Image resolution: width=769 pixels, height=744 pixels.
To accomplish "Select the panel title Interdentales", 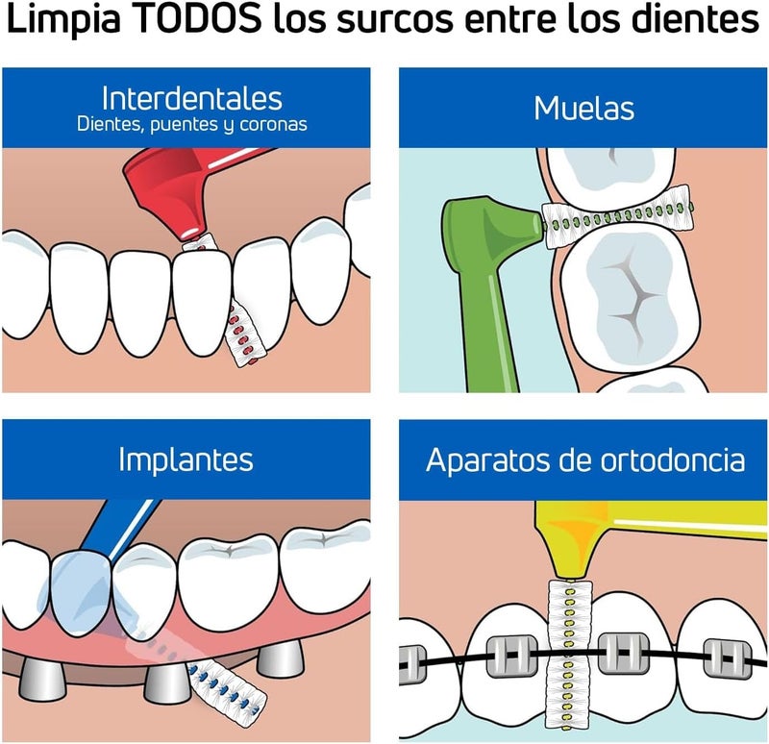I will [x=191, y=98].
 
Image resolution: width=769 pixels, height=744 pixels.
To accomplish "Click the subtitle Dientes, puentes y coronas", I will [x=191, y=125].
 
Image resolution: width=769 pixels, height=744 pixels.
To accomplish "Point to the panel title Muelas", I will [x=583, y=108].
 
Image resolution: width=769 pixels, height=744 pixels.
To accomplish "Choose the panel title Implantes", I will [x=186, y=459].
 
